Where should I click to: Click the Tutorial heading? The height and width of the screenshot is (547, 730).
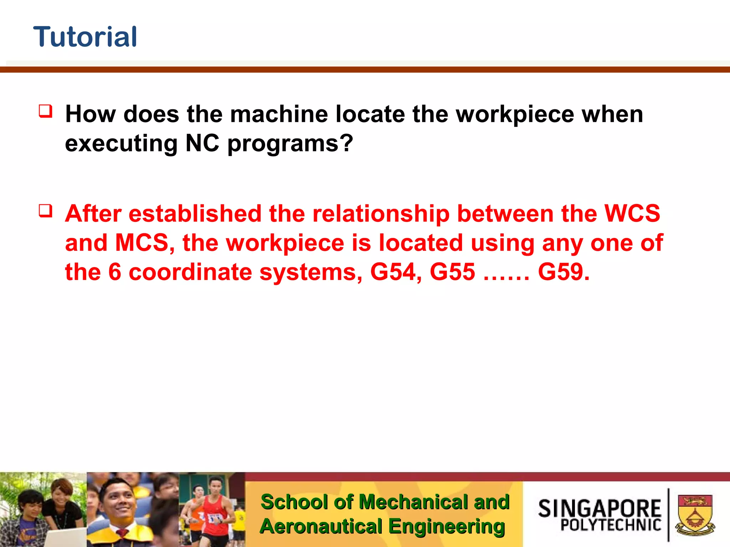point(85,37)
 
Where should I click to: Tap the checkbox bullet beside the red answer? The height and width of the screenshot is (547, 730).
point(46,210)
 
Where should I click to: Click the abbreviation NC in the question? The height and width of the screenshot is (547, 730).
point(202,143)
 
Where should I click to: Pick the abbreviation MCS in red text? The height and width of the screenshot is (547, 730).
point(142,243)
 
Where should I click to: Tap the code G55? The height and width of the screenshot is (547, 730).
point(452,272)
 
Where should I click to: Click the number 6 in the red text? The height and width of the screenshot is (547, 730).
point(114,272)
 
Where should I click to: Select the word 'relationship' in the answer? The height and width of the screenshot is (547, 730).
point(381,214)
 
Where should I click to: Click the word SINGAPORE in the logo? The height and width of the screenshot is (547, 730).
point(599,508)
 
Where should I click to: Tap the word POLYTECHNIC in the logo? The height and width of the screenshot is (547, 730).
point(611,525)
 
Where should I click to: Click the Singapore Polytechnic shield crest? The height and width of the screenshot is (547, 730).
point(695,515)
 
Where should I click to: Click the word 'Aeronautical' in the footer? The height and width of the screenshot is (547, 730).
point(321,526)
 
